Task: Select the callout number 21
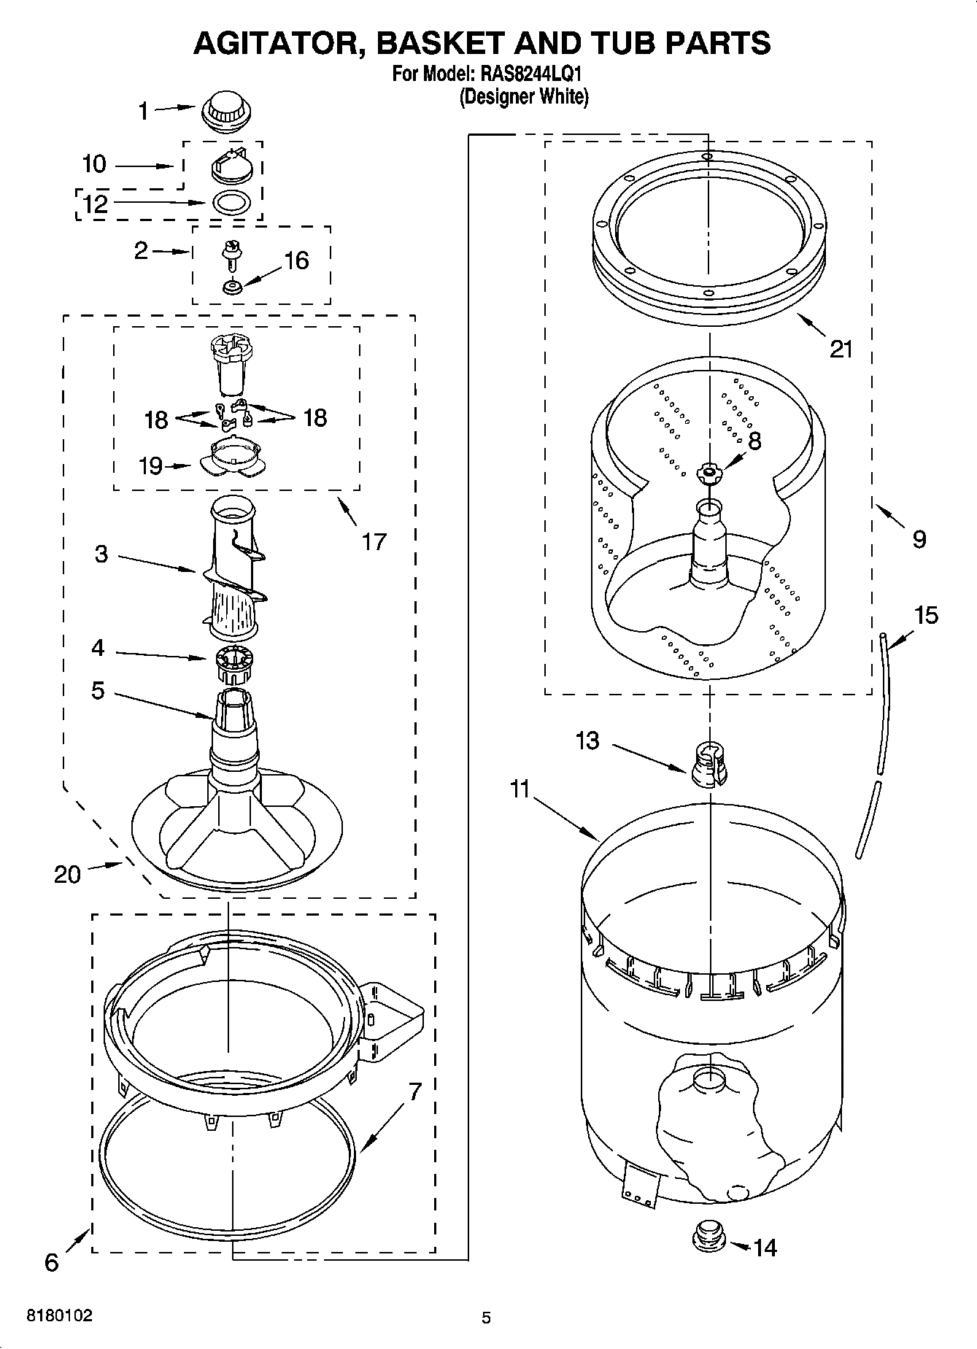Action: pyautogui.click(x=841, y=349)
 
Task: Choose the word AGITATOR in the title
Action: pyautogui.click(x=281, y=43)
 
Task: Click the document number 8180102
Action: pyautogui.click(x=60, y=1315)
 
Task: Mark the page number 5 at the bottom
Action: pyautogui.click(x=486, y=1318)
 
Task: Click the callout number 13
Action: pyautogui.click(x=587, y=741)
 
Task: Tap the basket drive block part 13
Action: pyautogui.click(x=708, y=765)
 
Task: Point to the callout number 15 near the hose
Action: pyautogui.click(x=926, y=616)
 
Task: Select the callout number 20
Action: pyautogui.click(x=67, y=874)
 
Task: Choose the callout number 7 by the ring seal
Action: pyautogui.click(x=414, y=1091)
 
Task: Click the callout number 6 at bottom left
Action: pyautogui.click(x=51, y=1263)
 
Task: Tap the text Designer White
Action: pyautogui.click(x=523, y=96)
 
